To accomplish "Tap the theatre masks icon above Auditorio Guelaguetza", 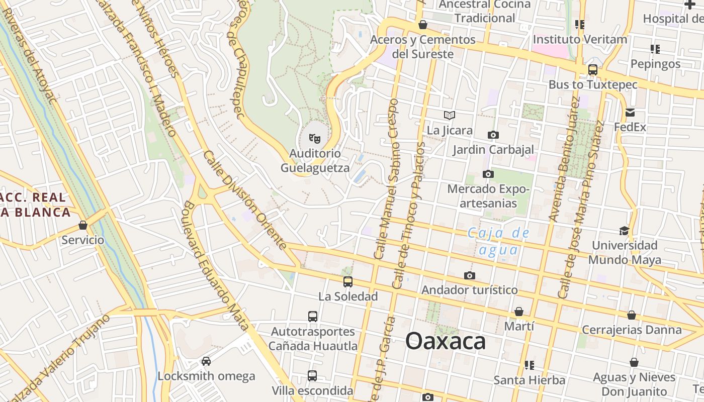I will (x=315, y=138).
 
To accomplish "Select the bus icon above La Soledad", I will (x=348, y=282).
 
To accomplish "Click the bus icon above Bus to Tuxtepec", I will (x=593, y=70).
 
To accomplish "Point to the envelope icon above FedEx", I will (x=630, y=113).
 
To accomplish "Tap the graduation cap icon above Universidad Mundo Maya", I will (x=624, y=231).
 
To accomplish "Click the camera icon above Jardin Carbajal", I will (x=493, y=135).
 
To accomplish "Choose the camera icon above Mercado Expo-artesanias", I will (x=488, y=174).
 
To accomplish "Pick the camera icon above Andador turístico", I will (x=470, y=275).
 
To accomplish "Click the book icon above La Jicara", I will (x=450, y=116).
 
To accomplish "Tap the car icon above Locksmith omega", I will (x=206, y=361).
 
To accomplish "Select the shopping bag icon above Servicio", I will (x=83, y=225).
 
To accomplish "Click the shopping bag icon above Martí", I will (x=519, y=312).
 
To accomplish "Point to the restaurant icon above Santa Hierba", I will (x=529, y=365).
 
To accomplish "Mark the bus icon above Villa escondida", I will (x=312, y=376).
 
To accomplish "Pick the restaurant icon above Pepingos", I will (x=655, y=49).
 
